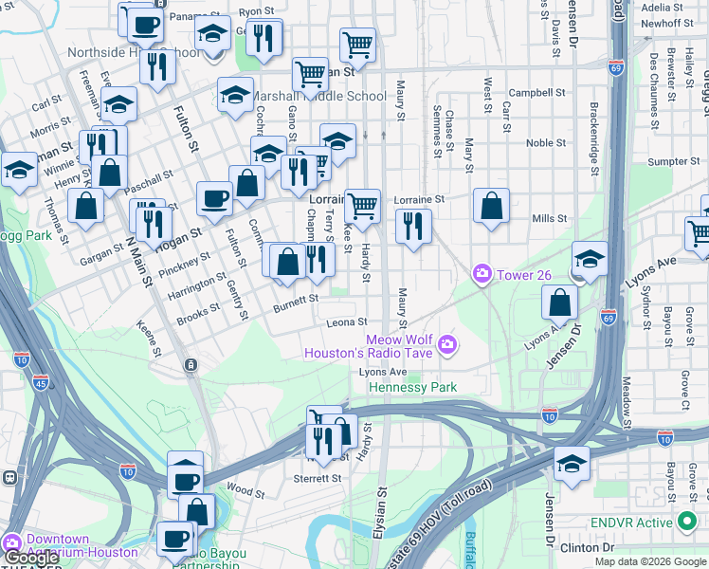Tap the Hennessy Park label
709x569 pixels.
point(412,387)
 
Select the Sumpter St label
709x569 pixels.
point(673,161)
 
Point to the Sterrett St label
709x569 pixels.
point(317,479)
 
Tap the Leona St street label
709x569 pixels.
point(346,322)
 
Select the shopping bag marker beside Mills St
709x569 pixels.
point(491,206)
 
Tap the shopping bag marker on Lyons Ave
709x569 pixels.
point(560,303)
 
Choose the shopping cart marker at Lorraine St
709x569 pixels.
point(362,205)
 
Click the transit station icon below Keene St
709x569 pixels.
point(191,364)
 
